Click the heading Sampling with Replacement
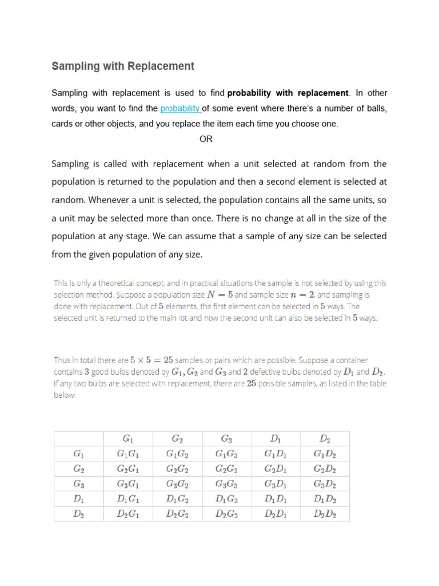click(x=123, y=66)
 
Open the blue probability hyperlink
click(x=180, y=108)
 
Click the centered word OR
click(x=206, y=139)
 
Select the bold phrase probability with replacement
click(x=288, y=93)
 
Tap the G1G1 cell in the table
click(x=128, y=454)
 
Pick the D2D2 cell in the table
click(x=325, y=514)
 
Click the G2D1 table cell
click(x=276, y=469)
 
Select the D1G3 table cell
click(x=226, y=499)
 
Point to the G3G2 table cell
click(x=177, y=484)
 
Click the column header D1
click(x=276, y=439)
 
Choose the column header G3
click(x=226, y=439)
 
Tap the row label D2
click(x=79, y=514)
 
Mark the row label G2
click(x=79, y=469)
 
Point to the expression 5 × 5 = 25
click(x=151, y=360)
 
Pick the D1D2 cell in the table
click(x=325, y=499)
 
